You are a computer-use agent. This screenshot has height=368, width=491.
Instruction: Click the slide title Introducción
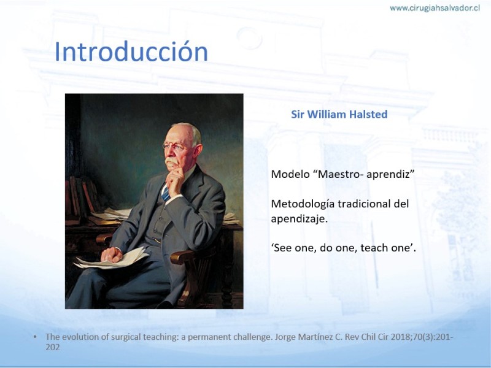pos(131,52)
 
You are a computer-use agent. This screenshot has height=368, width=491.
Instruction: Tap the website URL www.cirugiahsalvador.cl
pos(435,8)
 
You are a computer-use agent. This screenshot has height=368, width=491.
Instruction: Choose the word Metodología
pos(303,204)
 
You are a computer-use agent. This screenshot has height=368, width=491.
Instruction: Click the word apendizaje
pos(299,219)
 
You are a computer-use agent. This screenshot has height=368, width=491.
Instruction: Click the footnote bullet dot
pos(35,337)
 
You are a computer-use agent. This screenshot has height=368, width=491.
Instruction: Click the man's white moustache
pos(171,161)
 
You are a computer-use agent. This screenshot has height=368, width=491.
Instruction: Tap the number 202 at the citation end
pos(53,347)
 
